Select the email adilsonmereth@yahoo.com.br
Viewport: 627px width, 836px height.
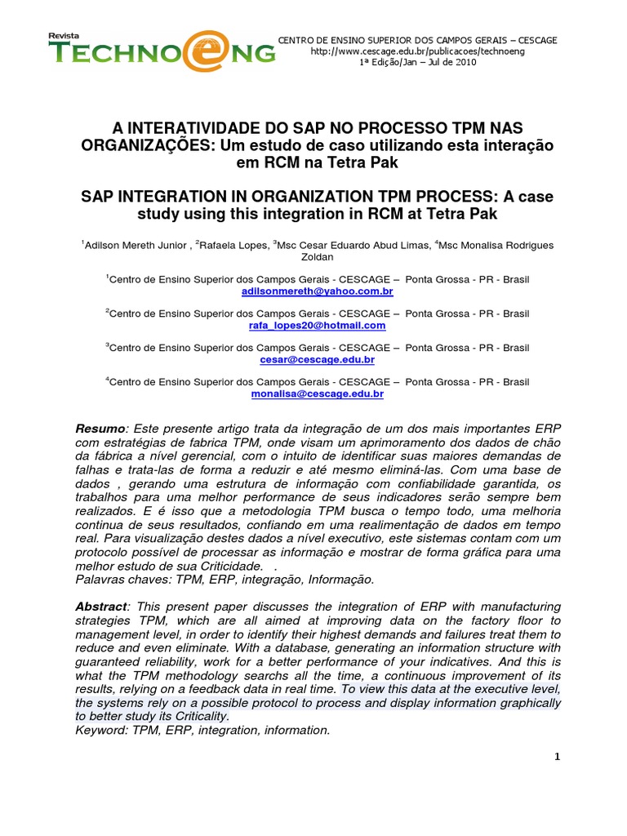[318, 291]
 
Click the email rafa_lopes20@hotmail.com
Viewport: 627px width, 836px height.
[317, 325]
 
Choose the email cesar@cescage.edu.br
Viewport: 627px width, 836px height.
[318, 359]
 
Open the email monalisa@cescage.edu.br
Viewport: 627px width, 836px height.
[318, 394]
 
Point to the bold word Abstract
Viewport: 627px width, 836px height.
[101, 607]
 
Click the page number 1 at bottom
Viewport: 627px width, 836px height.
[557, 757]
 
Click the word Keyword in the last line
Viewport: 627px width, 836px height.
[99, 730]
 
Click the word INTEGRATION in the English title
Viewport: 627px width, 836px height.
[176, 198]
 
